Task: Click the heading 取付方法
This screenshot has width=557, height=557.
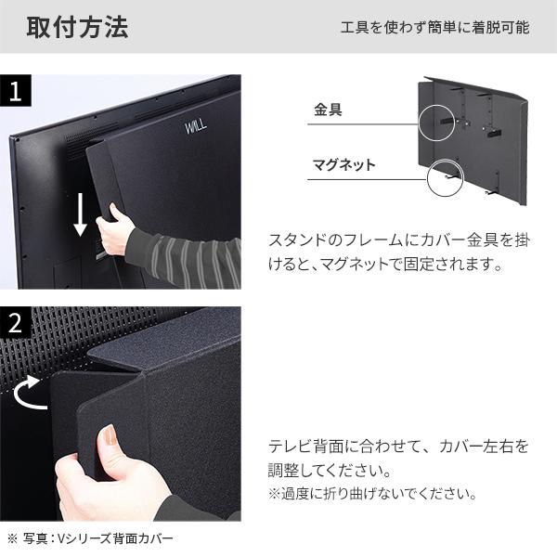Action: [77, 27]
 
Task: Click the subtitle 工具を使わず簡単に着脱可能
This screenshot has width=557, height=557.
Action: [434, 28]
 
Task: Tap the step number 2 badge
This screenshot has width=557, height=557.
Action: [16, 324]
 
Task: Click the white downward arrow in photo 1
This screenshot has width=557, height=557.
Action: [81, 214]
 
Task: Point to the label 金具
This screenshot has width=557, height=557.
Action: [329, 110]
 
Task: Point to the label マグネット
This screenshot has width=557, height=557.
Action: [344, 165]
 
